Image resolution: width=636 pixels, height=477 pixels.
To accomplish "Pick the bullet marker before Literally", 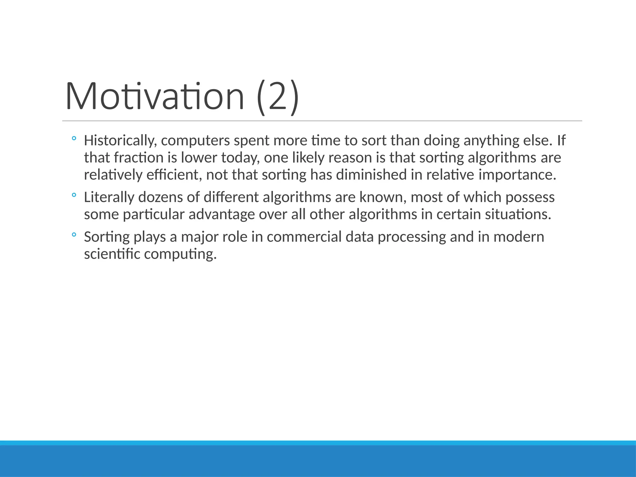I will pos(74,195).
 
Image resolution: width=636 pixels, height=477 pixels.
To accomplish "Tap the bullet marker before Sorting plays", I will pos(74,235).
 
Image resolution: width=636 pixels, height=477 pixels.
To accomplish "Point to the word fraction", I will pos(139,158).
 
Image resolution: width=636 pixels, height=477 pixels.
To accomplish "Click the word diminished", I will pos(371,175).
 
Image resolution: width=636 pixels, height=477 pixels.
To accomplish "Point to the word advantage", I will pos(221,215).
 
